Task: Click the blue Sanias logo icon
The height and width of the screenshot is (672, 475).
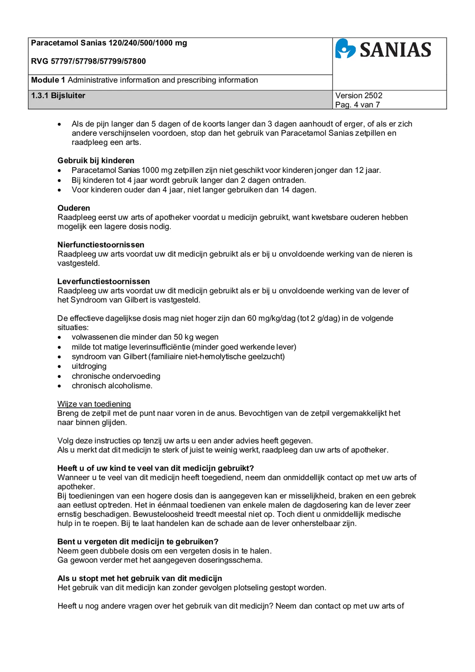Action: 345,49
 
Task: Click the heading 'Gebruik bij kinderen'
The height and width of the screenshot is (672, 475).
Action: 96,160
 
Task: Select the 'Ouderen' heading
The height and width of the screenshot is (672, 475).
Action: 73,208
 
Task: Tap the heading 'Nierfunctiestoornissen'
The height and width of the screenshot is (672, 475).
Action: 100,244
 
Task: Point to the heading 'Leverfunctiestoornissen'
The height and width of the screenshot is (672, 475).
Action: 103,281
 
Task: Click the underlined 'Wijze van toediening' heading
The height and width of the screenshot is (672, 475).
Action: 94,404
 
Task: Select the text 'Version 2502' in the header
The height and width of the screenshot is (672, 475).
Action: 359,95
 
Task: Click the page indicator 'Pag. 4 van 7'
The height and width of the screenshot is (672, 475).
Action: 357,105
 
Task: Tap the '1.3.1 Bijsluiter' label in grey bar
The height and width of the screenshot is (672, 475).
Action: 58,95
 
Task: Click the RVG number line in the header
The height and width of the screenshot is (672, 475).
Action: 88,61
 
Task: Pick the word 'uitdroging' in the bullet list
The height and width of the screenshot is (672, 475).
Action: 89,366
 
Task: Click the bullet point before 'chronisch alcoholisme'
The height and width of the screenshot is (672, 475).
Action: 59,386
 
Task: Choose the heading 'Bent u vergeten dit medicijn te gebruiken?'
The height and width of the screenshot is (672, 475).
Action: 138,542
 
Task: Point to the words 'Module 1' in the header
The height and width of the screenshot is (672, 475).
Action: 45,80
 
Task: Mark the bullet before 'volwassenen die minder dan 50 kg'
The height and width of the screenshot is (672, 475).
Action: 59,337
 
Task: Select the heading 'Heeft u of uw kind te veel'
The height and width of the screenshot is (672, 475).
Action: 155,468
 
